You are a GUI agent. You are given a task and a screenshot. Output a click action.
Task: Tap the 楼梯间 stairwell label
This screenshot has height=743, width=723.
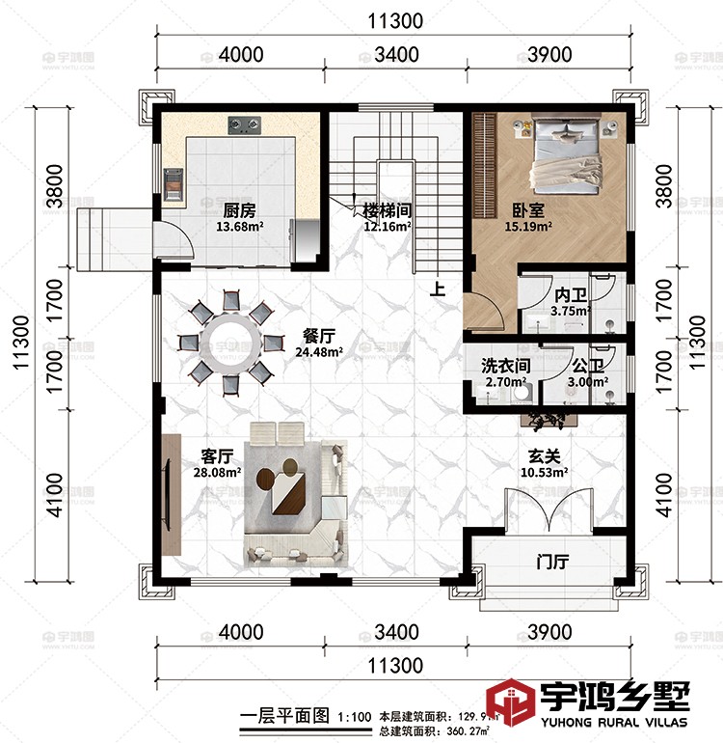click(x=388, y=209)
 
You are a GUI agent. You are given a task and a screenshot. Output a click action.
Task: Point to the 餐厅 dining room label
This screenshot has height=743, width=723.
click(x=318, y=335)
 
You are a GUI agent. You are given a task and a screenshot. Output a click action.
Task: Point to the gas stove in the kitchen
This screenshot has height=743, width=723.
click(x=245, y=124)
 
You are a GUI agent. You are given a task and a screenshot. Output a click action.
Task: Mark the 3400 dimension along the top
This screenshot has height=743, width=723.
click(x=395, y=55)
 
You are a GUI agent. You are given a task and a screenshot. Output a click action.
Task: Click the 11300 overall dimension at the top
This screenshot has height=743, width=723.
click(x=395, y=20)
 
